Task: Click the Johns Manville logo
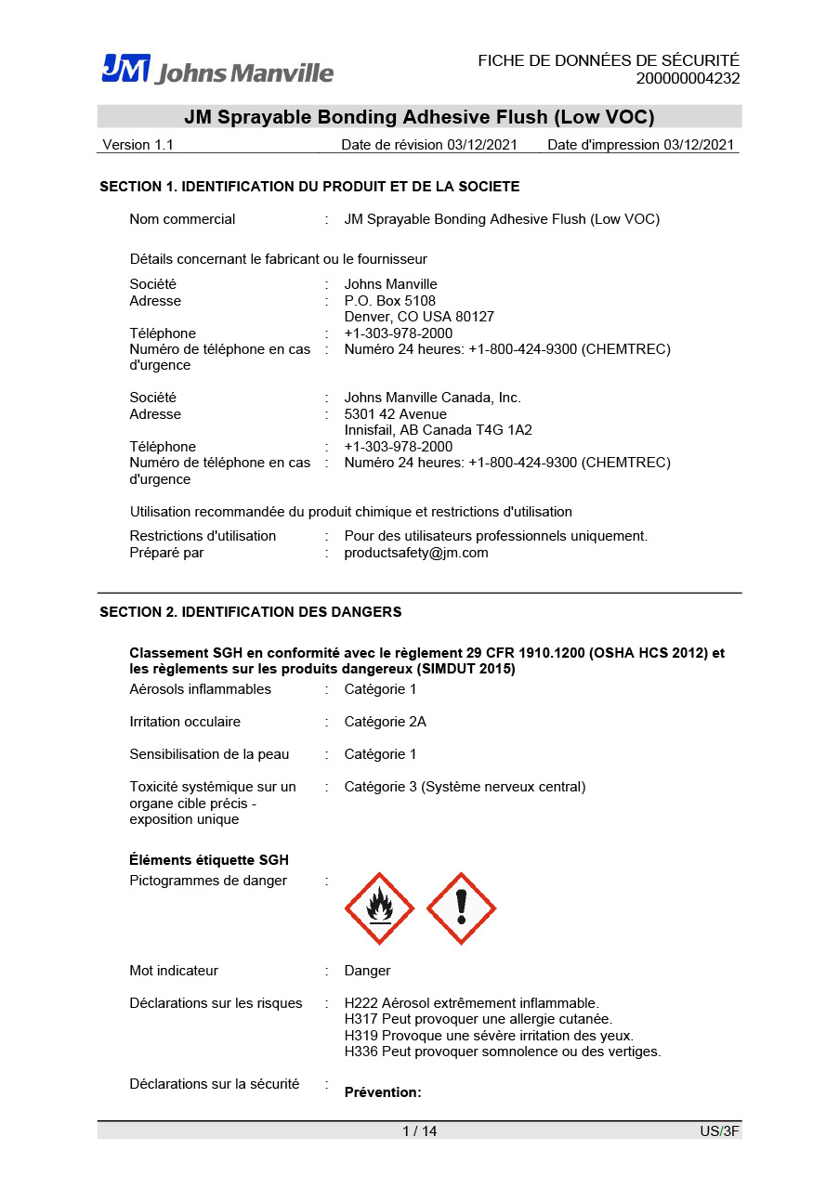tap(217, 70)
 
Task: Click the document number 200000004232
tap(688, 79)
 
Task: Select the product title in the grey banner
tap(419, 117)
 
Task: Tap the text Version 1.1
tap(138, 145)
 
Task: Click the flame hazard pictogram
tap(379, 908)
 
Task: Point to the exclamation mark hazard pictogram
tap(461, 908)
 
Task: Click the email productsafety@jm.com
tap(415, 553)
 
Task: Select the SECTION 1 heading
tap(309, 187)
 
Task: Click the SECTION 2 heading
tap(251, 612)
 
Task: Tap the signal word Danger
tap(367, 971)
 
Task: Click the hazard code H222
tap(360, 1003)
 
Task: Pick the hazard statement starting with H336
tap(502, 1052)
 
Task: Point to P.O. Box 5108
tap(389, 301)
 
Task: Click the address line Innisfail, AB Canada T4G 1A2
tap(438, 430)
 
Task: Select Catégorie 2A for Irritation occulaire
tap(385, 722)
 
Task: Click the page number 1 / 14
tap(419, 1131)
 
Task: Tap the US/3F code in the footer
tap(719, 1131)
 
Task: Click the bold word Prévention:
tap(383, 1092)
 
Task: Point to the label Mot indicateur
tap(174, 971)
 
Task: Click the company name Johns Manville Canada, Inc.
tap(432, 398)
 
